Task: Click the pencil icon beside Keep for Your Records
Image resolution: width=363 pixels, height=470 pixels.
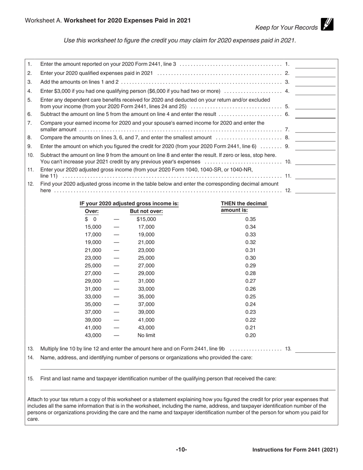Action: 327,24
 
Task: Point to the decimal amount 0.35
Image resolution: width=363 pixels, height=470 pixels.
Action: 250,219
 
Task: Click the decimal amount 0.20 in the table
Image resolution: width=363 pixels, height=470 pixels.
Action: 250,335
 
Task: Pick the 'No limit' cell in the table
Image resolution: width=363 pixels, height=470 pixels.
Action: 146,335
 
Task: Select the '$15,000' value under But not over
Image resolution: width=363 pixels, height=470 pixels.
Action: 146,219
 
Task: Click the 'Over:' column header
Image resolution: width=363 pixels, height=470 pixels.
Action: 92,211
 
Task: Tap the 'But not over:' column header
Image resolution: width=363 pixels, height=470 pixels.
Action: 146,211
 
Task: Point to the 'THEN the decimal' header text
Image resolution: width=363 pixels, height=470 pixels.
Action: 244,204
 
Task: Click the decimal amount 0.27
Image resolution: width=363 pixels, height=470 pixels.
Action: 250,281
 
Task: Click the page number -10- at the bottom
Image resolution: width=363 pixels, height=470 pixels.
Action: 181,450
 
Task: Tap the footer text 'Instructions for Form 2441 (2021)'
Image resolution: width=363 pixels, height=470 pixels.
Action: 295,450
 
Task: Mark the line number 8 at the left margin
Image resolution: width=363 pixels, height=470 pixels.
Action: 30,138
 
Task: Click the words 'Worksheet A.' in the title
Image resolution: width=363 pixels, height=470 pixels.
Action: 44,21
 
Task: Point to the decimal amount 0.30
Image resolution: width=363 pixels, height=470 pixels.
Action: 250,258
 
